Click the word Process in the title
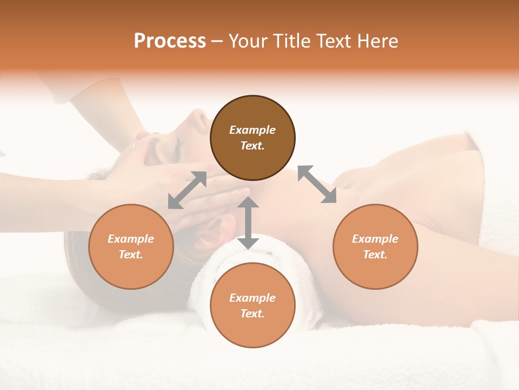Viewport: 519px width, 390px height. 170,41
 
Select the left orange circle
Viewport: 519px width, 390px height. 131,246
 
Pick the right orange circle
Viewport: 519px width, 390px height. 375,246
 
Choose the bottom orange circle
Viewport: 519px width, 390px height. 252,305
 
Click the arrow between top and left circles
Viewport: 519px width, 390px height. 187,190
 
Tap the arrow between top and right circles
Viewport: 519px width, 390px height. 317,184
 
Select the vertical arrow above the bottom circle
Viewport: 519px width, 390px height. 248,223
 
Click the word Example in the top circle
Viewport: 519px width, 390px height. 252,130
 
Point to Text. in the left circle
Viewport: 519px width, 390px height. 131,255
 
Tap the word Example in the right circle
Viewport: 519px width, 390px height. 375,239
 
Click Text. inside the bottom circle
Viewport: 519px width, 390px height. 252,314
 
